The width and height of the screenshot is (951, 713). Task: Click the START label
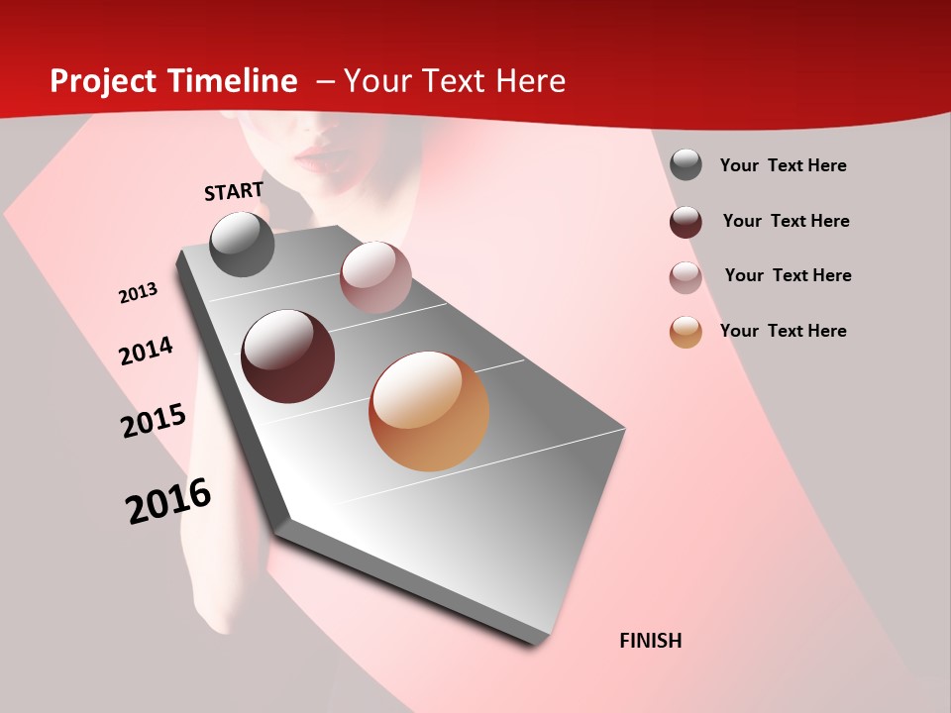coord(234,191)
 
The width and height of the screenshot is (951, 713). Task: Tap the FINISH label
coord(650,641)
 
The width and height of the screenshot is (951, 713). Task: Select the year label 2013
coord(138,293)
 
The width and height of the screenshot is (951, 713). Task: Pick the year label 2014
coord(146,352)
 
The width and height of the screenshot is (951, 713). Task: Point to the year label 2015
coord(154,421)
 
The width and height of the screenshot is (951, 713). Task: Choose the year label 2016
coord(168,501)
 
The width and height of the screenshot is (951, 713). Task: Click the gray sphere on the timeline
coord(242,244)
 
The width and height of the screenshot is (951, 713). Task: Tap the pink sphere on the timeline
coord(375,277)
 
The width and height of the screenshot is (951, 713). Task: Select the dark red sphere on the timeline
coord(288,356)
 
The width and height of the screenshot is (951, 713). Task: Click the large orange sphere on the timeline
coord(429,411)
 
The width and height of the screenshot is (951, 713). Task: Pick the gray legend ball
coord(686,165)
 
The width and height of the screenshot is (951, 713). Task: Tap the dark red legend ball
coord(686,221)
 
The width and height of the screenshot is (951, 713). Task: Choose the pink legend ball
coord(686,276)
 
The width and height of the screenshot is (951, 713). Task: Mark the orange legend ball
coord(686,332)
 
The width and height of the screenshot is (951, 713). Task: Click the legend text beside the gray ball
coord(783,165)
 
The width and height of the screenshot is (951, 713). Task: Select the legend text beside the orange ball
coord(783,331)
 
